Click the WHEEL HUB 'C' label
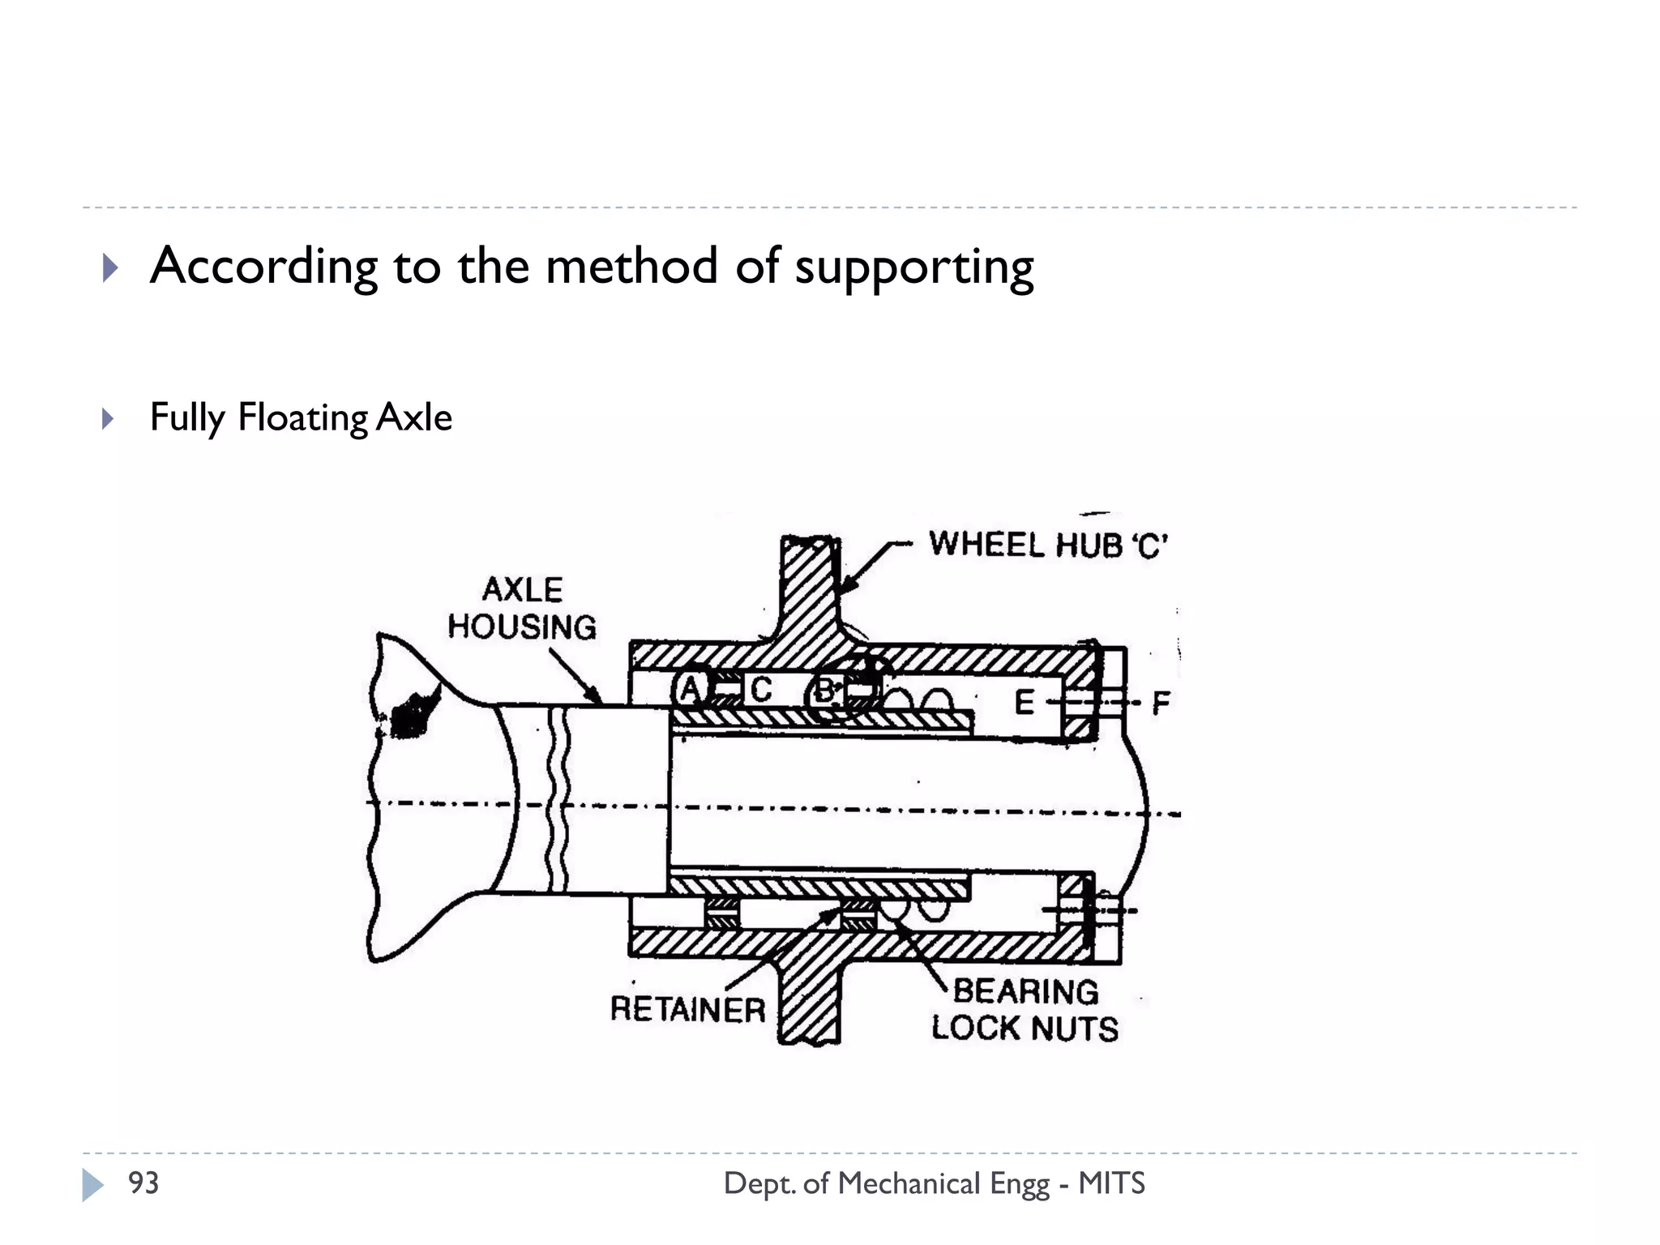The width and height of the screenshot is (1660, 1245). [x=1047, y=545]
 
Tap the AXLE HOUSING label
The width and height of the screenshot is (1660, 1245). [x=522, y=609]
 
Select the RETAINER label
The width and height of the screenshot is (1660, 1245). [x=687, y=1010]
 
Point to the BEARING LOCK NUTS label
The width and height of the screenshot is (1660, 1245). [x=1025, y=1010]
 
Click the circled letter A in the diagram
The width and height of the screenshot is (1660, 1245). [x=690, y=690]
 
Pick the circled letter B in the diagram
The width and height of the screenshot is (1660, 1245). [x=824, y=691]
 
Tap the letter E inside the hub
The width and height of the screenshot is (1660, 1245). [x=1025, y=703]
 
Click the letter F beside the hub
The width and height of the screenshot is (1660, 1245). [x=1161, y=703]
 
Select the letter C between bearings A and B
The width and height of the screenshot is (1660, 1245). [x=760, y=690]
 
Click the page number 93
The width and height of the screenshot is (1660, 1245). [x=143, y=1183]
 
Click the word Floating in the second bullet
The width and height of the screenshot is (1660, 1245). [x=302, y=418]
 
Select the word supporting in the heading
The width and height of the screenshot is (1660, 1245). [x=913, y=267]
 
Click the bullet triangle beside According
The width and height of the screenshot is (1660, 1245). [x=110, y=267]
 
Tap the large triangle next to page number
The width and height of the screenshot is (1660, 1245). [x=92, y=1184]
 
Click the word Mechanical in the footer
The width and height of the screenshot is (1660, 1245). [x=909, y=1183]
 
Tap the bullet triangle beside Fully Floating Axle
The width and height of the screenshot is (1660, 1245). [x=108, y=419]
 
